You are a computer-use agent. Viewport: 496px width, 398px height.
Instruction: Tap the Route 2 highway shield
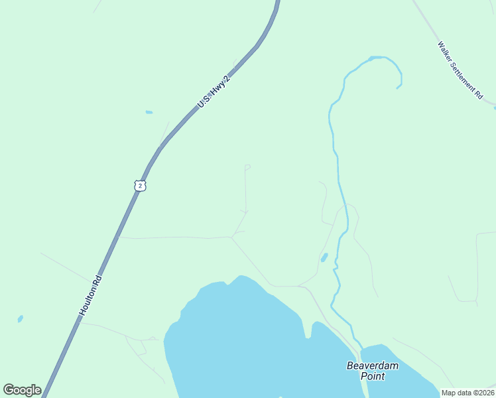click(139, 186)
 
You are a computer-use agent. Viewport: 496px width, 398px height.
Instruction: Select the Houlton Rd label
click(92, 295)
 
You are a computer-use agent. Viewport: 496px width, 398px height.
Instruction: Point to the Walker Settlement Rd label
click(460, 71)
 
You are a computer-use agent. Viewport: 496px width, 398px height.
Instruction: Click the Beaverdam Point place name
click(372, 370)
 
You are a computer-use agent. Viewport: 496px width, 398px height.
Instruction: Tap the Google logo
click(22, 390)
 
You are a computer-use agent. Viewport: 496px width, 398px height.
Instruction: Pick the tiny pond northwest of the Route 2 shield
click(149, 112)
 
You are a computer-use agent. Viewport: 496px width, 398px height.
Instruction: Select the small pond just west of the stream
click(324, 257)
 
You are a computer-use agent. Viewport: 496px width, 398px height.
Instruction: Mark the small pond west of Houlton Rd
click(21, 319)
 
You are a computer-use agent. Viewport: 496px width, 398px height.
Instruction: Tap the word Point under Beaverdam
click(372, 376)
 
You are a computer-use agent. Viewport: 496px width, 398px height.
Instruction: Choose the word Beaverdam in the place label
click(372, 365)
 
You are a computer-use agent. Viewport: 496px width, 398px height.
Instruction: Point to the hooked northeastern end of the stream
click(399, 85)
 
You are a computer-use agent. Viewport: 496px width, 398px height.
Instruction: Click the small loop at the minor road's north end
click(247, 166)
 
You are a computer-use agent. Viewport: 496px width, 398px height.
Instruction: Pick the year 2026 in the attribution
click(484, 393)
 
